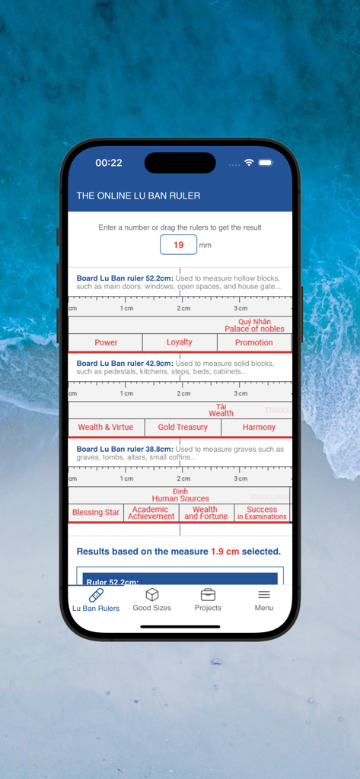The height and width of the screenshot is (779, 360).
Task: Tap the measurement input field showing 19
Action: coord(179,245)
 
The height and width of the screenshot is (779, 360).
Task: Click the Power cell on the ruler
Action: coord(106,342)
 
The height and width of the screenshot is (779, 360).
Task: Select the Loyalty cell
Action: coord(180,342)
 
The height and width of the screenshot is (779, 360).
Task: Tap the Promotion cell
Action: coord(253,342)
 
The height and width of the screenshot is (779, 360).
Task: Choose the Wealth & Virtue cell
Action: coord(106,428)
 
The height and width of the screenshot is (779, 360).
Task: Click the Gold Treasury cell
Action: coord(183,428)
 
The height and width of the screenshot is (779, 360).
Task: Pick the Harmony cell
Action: coord(259,428)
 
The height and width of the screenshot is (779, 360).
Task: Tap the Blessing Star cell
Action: coord(96,513)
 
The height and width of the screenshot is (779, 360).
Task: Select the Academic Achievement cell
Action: coord(151,513)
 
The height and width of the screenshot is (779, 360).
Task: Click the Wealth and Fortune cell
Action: coord(205,513)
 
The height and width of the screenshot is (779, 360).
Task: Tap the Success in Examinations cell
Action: coord(262,513)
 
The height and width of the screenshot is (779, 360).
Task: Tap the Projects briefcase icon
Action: coord(208,594)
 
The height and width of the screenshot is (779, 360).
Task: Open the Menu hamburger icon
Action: coord(264,594)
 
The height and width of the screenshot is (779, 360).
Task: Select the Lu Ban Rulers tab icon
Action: coord(96,595)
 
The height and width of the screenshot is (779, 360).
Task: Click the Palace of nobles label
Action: coord(254,329)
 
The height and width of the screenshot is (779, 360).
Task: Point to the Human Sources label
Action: coord(180,498)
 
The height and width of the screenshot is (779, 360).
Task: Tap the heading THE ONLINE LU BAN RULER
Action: coord(139,196)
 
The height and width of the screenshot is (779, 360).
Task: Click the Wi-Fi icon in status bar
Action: coord(249,163)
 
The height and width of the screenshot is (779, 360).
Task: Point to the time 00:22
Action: coord(109,163)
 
